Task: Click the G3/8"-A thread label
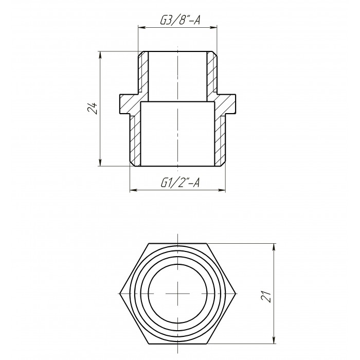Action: click(x=180, y=20)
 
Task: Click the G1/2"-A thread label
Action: click(x=180, y=183)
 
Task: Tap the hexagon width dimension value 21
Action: click(x=266, y=296)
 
